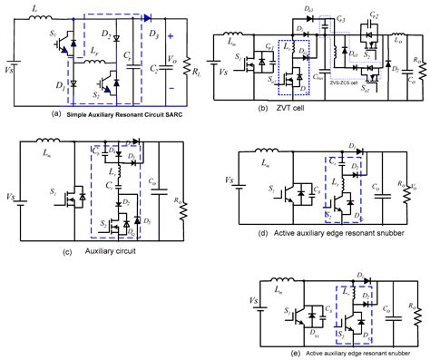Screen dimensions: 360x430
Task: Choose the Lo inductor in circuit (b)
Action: (x=396, y=37)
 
